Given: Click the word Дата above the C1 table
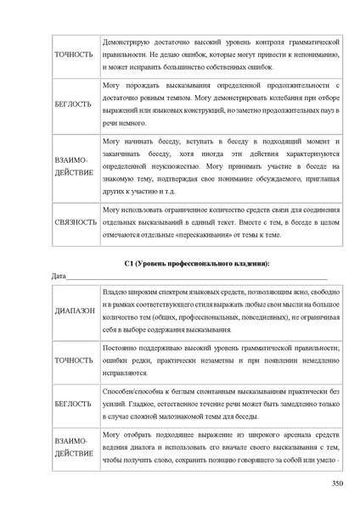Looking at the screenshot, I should click(59, 277).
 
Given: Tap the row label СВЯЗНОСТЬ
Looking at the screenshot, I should click(75, 222).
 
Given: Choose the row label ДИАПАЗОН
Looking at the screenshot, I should click(74, 311).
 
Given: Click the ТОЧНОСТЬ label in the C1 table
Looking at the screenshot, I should click(75, 360).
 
